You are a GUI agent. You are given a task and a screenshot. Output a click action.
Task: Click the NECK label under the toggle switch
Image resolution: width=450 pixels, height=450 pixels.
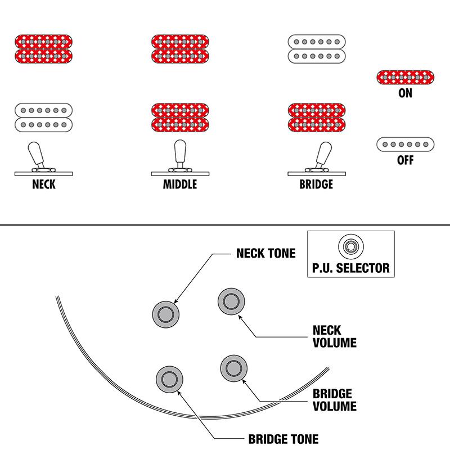pyautogui.click(x=43, y=184)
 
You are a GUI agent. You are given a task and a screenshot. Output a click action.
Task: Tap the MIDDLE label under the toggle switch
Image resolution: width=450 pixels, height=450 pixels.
pyautogui.click(x=180, y=184)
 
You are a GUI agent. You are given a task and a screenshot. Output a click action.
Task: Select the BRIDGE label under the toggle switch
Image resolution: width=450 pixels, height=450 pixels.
pyautogui.click(x=316, y=184)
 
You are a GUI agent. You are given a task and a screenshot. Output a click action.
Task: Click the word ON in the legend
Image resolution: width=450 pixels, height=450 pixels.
pyautogui.click(x=405, y=93)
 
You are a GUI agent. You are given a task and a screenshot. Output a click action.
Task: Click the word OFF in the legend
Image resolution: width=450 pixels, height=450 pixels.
pyautogui.click(x=405, y=160)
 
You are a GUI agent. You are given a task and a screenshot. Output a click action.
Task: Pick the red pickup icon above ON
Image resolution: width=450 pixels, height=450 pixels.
pyautogui.click(x=405, y=77)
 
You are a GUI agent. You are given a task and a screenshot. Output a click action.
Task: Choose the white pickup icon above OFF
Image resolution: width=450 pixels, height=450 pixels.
pyautogui.click(x=405, y=145)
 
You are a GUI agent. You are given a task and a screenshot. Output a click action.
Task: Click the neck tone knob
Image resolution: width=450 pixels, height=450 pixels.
pyautogui.click(x=166, y=312)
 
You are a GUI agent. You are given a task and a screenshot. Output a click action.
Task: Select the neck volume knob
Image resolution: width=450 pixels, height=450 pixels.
pyautogui.click(x=231, y=302)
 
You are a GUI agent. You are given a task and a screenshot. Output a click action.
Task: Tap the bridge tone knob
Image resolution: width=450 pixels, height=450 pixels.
pyautogui.click(x=169, y=378)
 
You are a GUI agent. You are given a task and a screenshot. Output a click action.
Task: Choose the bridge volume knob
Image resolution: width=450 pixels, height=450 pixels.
pyautogui.click(x=233, y=368)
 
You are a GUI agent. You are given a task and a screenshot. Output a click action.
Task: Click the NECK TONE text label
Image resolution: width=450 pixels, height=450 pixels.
pyautogui.click(x=265, y=254)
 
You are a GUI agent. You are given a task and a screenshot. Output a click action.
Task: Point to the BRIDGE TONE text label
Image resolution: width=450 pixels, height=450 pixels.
pyautogui.click(x=283, y=439)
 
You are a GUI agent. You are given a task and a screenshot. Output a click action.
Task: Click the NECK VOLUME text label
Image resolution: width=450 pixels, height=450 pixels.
pyautogui.click(x=334, y=336)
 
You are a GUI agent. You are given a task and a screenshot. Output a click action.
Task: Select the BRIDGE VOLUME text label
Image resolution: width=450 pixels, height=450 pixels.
pyautogui.click(x=334, y=399)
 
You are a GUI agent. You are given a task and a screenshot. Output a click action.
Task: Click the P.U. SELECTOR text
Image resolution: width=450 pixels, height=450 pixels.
pyautogui.click(x=351, y=268)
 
